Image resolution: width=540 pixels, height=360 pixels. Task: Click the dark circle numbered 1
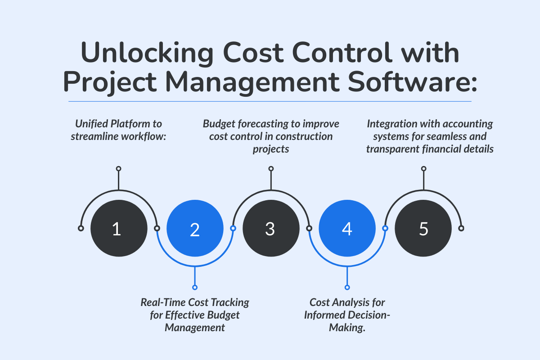coord(119,229)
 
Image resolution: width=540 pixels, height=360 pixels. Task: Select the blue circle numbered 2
coord(195,229)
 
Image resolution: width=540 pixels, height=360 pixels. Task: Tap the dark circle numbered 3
coord(271,229)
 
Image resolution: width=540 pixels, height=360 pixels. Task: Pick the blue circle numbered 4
coord(347,229)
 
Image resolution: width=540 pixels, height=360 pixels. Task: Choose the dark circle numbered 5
coord(423,229)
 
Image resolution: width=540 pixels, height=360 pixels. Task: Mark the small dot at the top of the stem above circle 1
coord(119,169)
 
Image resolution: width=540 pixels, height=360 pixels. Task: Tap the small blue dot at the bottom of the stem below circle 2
coord(195,287)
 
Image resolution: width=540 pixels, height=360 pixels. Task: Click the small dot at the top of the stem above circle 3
coord(271,169)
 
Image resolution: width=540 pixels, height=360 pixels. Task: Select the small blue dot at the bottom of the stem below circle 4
coord(347,287)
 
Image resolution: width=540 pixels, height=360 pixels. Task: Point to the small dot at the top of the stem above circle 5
coord(423,169)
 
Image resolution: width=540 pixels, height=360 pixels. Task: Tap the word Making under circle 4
coord(347,328)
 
